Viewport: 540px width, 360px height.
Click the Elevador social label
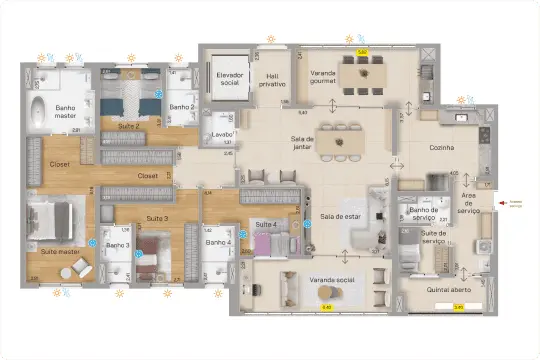(x=230, y=79)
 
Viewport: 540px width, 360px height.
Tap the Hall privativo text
(x=271, y=81)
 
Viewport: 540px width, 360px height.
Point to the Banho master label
(x=67, y=113)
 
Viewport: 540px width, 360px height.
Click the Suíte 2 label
(x=129, y=127)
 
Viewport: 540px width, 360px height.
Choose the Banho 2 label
(x=181, y=107)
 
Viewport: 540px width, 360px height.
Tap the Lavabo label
(x=222, y=134)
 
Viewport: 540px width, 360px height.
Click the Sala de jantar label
(x=302, y=144)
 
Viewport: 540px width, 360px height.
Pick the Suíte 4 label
(x=265, y=224)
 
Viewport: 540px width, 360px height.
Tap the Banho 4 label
(x=218, y=243)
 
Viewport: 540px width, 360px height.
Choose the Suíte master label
(x=60, y=252)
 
